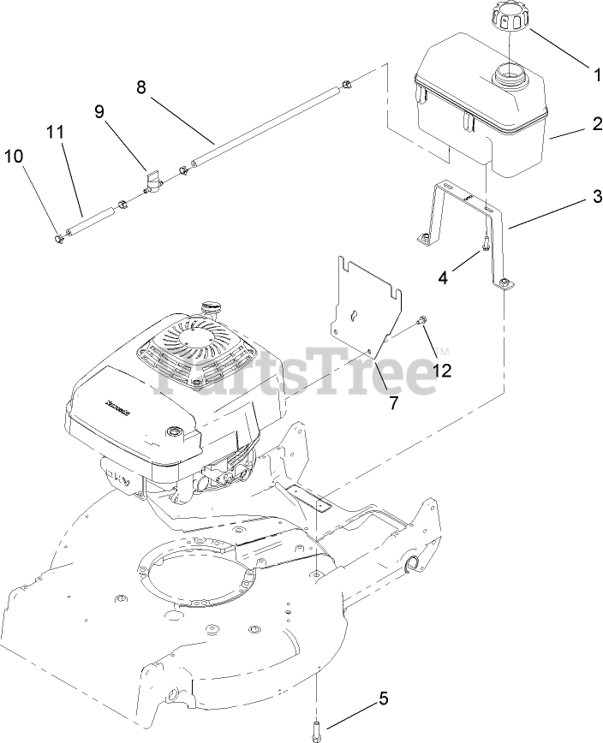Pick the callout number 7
click(393, 403)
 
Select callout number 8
click(141, 86)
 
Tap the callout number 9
click(99, 111)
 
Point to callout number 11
click(56, 132)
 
